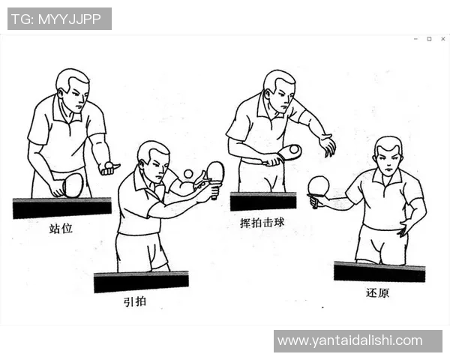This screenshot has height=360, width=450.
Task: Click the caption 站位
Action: [x=61, y=228]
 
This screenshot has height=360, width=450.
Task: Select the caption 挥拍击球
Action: [x=262, y=223]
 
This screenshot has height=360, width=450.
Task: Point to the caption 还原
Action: [x=377, y=292]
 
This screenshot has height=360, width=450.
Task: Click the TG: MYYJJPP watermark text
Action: [x=59, y=19]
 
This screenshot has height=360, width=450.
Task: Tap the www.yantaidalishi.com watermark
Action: [x=349, y=340]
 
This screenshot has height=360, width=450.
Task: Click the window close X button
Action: [x=442, y=39]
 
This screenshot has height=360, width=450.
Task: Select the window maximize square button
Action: [x=429, y=39]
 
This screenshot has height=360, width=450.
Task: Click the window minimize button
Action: [x=415, y=39]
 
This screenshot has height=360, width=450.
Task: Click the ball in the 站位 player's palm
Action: [x=109, y=165]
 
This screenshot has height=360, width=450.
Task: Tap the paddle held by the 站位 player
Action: [x=73, y=184]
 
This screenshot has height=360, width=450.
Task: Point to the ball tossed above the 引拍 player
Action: [x=188, y=174]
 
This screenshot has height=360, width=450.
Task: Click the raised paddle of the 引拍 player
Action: [x=215, y=172]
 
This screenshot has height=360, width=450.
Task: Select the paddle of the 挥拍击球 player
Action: [x=289, y=152]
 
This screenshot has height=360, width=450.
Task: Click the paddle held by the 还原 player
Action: [x=319, y=185]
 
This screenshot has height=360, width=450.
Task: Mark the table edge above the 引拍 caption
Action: [x=141, y=282]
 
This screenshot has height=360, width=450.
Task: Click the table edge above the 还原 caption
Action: [x=379, y=271]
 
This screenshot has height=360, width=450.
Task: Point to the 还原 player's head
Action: [x=388, y=156]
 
